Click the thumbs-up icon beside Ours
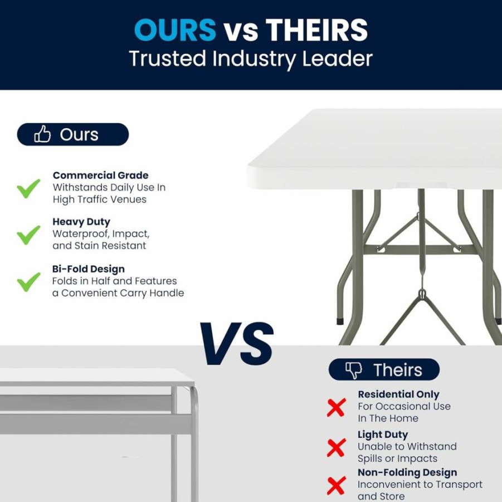(x=42, y=134)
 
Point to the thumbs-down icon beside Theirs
(x=354, y=371)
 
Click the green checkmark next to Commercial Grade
(x=28, y=188)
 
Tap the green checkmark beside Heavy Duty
(x=28, y=235)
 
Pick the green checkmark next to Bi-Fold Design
(x=28, y=282)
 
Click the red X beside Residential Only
(x=337, y=407)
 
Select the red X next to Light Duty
(x=337, y=447)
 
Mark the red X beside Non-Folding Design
(x=337, y=485)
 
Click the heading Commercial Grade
(x=100, y=176)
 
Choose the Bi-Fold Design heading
(x=89, y=269)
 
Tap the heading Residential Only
(x=398, y=394)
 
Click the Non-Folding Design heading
(x=407, y=472)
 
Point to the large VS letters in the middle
(x=237, y=344)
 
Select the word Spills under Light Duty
(x=370, y=459)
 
